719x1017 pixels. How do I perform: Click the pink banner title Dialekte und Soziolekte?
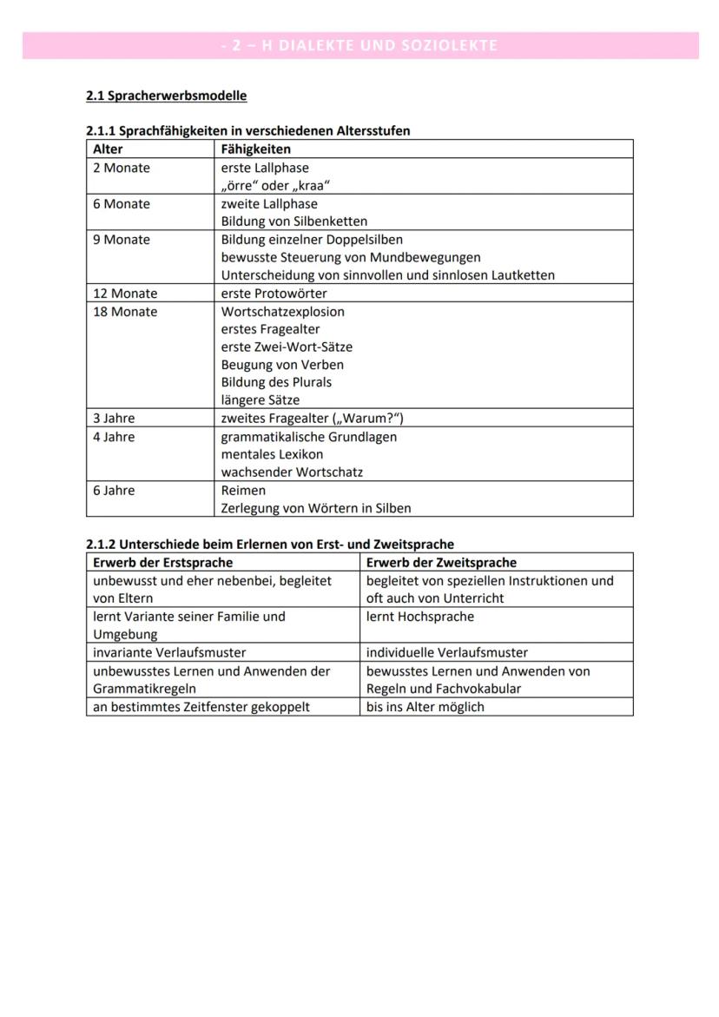pos(359,45)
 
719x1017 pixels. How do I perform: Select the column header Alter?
pos(108,149)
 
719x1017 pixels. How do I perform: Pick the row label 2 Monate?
pos(122,168)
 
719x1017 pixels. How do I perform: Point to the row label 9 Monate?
pos(122,240)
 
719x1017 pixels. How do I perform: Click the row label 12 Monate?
pos(125,294)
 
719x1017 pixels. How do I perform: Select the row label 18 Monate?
pos(125,312)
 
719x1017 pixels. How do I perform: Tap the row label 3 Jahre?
pos(114,419)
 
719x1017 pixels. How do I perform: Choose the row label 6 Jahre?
pos(114,491)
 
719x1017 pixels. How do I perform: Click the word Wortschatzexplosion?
pos(282,312)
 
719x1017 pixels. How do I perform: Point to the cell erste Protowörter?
pos(274,294)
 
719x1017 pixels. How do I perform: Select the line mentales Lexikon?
pos(272,454)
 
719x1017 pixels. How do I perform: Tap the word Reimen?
pos(243,491)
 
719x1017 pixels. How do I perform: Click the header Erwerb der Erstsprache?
pos(162,563)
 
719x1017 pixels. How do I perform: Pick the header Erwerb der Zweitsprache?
pos(441,563)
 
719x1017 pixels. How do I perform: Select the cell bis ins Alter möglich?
pos(425,707)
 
